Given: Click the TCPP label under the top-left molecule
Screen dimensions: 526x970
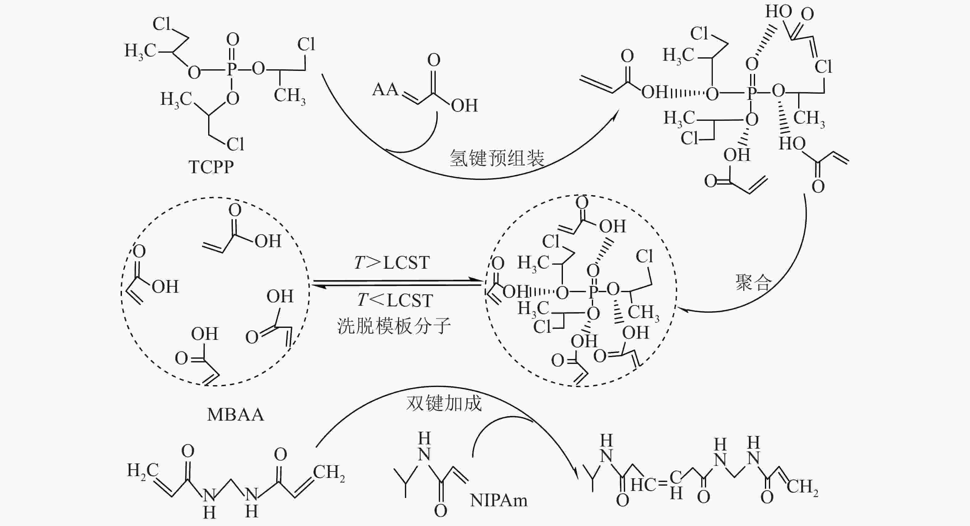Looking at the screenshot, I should (x=211, y=167).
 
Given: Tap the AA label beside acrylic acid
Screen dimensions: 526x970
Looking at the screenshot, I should (x=385, y=90).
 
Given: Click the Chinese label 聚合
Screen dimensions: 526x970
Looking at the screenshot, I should (x=754, y=283).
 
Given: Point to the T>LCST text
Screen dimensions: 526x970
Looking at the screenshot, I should (x=392, y=263).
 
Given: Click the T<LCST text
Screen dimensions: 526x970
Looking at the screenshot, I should (x=395, y=300).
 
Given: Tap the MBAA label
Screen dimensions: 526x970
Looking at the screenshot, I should (x=235, y=415).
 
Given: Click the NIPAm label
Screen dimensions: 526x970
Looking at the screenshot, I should (x=499, y=500).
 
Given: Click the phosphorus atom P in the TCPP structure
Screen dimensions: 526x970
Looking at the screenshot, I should (x=232, y=69).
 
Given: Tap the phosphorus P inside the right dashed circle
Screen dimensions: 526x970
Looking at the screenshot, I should (x=593, y=291).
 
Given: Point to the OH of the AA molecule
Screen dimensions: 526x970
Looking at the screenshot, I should (x=464, y=105).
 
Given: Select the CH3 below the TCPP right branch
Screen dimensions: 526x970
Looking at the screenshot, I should (x=289, y=96).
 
